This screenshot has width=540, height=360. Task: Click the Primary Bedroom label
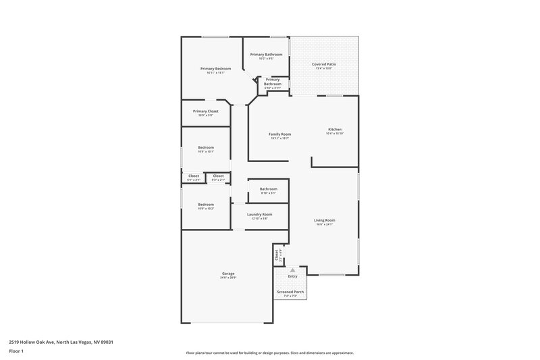click(215, 69)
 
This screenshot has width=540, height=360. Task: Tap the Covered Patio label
click(323, 64)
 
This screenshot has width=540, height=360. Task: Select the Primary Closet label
click(205, 111)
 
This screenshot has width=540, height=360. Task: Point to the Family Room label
click(279, 134)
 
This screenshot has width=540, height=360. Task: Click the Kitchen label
click(335, 129)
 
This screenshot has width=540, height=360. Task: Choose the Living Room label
click(324, 220)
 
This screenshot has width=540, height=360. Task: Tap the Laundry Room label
click(259, 214)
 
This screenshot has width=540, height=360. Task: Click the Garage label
click(227, 274)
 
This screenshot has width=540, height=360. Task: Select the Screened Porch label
click(290, 292)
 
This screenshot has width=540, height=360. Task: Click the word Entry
click(292, 276)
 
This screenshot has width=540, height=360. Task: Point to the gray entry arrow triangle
click(292, 269)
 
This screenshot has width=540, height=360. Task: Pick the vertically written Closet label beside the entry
click(277, 255)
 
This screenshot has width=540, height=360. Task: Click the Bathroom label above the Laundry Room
click(269, 189)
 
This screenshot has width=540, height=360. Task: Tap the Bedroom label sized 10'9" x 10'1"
click(206, 148)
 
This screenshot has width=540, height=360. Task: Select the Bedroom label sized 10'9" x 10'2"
click(206, 204)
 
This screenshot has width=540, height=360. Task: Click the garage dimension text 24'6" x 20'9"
click(227, 278)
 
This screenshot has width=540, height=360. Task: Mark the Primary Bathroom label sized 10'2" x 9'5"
click(266, 54)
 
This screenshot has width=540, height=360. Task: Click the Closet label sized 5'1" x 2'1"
click(194, 176)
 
